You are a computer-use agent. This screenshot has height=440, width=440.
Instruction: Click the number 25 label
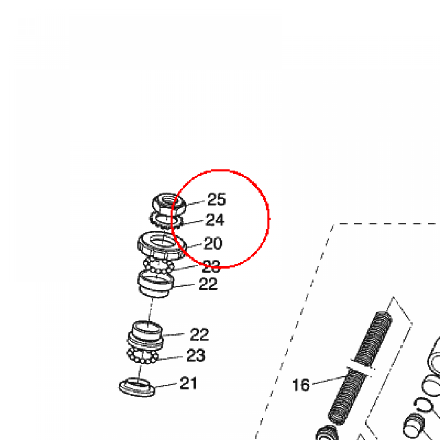click(217, 199)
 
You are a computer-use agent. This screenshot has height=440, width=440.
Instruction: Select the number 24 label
click(215, 220)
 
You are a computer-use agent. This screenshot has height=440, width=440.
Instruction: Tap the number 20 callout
click(213, 243)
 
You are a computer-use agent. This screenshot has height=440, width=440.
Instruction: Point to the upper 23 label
click(211, 266)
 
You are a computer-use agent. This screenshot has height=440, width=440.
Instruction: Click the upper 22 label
click(208, 284)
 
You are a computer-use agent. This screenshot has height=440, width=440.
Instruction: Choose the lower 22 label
click(199, 334)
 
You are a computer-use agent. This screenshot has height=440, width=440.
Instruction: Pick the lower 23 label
click(196, 355)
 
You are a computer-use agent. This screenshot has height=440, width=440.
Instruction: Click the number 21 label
click(188, 383)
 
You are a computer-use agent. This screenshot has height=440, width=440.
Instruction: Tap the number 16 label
click(300, 385)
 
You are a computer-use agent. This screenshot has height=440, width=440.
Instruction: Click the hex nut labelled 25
click(168, 203)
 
